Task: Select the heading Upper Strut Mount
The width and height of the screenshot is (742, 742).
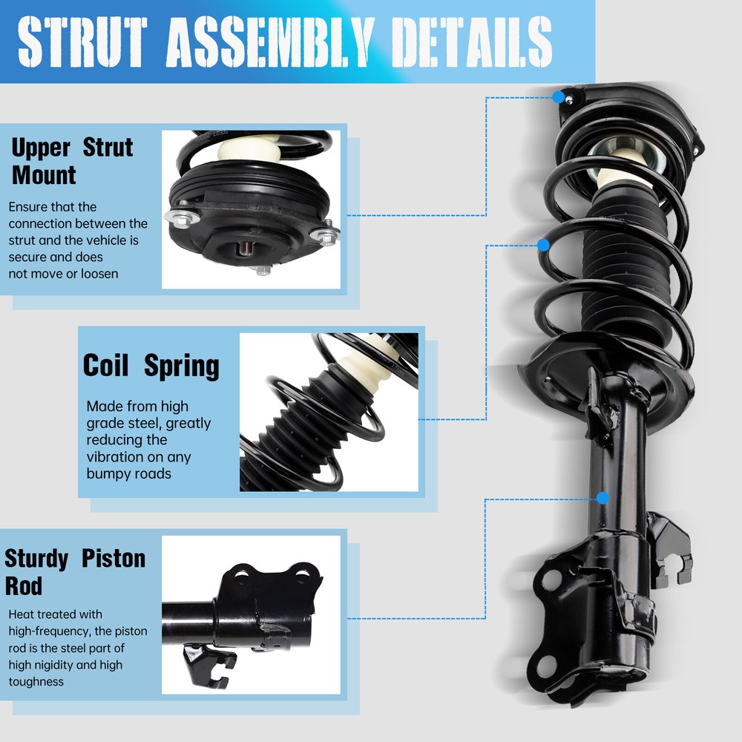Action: tap(71, 161)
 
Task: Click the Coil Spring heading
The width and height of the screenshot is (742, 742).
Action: tap(151, 366)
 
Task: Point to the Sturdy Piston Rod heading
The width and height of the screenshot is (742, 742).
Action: tap(74, 571)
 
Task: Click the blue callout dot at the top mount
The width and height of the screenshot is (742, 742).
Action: tap(558, 97)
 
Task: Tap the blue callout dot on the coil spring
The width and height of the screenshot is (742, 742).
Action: tap(543, 245)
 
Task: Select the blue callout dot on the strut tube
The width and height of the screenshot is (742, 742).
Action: tap(602, 498)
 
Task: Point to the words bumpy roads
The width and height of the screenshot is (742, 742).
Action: tap(128, 473)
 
